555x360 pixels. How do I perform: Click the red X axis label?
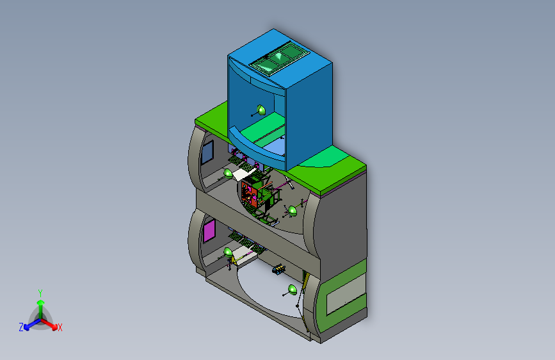pos(60,327)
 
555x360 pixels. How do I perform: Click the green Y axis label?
pos(40,293)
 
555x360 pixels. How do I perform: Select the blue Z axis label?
pos(21,327)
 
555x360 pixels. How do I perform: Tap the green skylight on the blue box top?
pos(280,58)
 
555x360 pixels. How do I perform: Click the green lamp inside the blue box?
pos(261,110)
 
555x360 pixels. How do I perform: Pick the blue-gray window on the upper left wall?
pos(207,152)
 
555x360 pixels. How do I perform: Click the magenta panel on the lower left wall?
pos(209,231)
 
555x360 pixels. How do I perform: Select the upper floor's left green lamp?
pos(228,173)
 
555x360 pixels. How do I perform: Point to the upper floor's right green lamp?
pos(293,211)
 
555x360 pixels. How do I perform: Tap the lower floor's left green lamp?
pos(229,252)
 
